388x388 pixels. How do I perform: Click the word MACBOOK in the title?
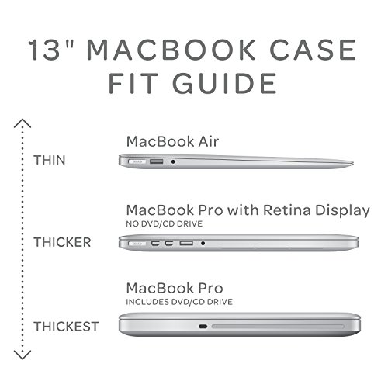[x=171, y=50]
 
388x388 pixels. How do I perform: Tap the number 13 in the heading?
[x=44, y=50]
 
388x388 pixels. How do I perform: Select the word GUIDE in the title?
[x=224, y=83]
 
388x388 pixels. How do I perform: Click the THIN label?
[x=50, y=160]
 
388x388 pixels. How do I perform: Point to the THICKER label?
[x=62, y=242]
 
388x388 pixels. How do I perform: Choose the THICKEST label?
[x=66, y=327]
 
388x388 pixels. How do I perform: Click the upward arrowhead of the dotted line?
[x=23, y=123]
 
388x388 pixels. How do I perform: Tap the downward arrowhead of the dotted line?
[x=23, y=355]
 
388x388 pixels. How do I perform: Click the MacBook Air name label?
[x=172, y=141]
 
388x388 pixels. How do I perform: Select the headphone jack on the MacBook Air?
[x=173, y=161]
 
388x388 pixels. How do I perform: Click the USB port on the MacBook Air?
[x=157, y=161]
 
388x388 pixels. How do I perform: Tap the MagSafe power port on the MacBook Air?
[x=137, y=161]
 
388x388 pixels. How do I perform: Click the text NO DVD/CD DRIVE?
[x=165, y=223]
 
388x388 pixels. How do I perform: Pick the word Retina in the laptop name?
[x=286, y=210]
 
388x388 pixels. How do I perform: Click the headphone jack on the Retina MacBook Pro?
[x=203, y=244]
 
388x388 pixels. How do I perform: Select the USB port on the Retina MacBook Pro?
[x=186, y=244]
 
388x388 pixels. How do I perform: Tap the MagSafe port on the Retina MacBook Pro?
[x=137, y=244]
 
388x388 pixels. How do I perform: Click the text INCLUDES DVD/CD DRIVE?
[x=179, y=302]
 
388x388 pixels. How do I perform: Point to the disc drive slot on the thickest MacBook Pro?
[x=278, y=327]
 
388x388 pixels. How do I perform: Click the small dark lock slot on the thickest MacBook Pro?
[x=203, y=327]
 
